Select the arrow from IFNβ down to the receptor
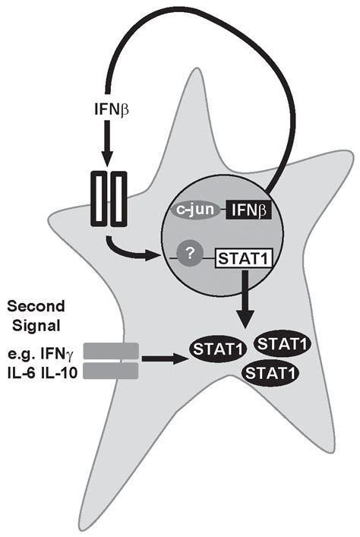point(106,149)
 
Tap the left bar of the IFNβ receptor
point(98,199)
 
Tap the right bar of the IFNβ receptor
point(118,199)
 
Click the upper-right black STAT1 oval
point(281,344)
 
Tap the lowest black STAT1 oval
point(270,372)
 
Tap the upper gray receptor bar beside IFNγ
point(110,350)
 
